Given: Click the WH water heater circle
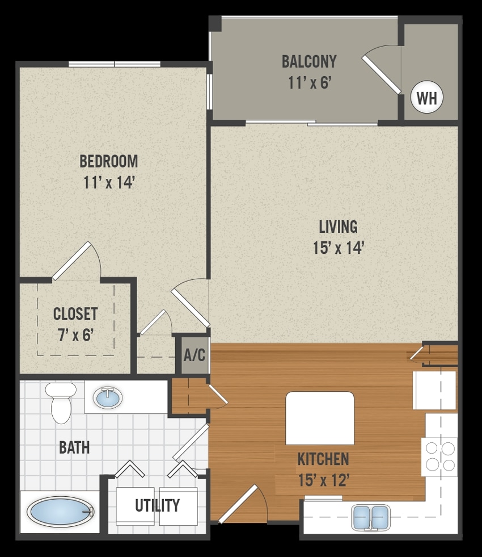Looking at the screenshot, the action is [x=426, y=98].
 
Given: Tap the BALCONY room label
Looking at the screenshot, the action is [x=309, y=61].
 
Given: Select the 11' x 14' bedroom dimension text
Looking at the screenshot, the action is [x=108, y=183].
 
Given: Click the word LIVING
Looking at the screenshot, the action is [x=338, y=227].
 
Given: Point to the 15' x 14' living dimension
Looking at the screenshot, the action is [x=338, y=248].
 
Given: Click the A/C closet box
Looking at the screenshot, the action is [x=195, y=356].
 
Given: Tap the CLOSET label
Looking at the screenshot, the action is [x=75, y=313].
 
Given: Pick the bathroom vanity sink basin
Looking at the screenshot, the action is [x=108, y=398].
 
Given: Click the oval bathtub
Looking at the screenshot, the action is [x=60, y=512].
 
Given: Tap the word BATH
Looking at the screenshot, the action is [x=74, y=447].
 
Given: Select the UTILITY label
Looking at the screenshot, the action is [x=157, y=505].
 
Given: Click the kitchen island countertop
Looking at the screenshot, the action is [x=319, y=417].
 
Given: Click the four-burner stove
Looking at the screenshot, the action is [x=439, y=457].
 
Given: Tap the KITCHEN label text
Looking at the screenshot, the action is [x=323, y=458].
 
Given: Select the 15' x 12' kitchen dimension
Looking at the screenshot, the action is [x=323, y=480].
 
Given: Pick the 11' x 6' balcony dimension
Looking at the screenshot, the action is [x=309, y=83].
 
